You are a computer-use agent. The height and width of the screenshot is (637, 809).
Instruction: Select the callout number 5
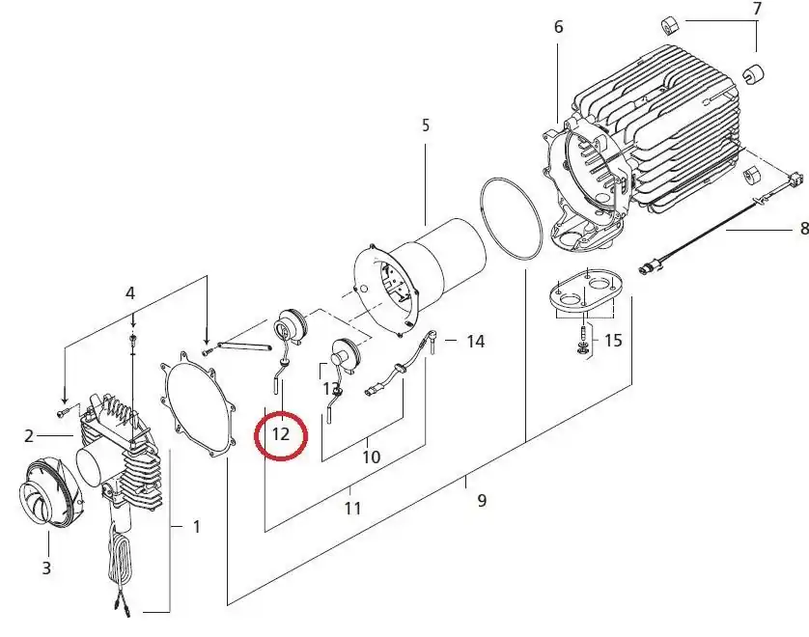tap(425, 125)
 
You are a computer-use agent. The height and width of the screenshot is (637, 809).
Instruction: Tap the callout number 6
tap(558, 27)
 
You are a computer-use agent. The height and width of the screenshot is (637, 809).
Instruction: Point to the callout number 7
tap(757, 9)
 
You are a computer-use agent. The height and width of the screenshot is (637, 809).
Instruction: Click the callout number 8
tap(803, 228)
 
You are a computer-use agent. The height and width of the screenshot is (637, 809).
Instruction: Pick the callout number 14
tap(475, 342)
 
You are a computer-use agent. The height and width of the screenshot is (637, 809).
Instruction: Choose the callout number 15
tap(613, 341)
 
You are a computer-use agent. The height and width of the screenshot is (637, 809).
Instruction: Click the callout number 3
tap(46, 568)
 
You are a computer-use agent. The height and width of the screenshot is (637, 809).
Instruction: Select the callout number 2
tap(28, 436)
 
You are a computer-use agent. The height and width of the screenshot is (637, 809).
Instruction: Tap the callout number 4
tap(130, 293)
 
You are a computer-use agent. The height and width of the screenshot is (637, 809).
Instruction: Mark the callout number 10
tap(371, 457)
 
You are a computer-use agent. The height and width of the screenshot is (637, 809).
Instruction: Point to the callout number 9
tap(482, 500)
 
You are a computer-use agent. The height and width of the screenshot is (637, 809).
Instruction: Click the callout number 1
tap(196, 527)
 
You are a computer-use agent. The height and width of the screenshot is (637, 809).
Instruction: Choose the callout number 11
tap(353, 509)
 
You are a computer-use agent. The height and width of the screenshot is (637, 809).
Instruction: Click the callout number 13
tap(331, 388)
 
